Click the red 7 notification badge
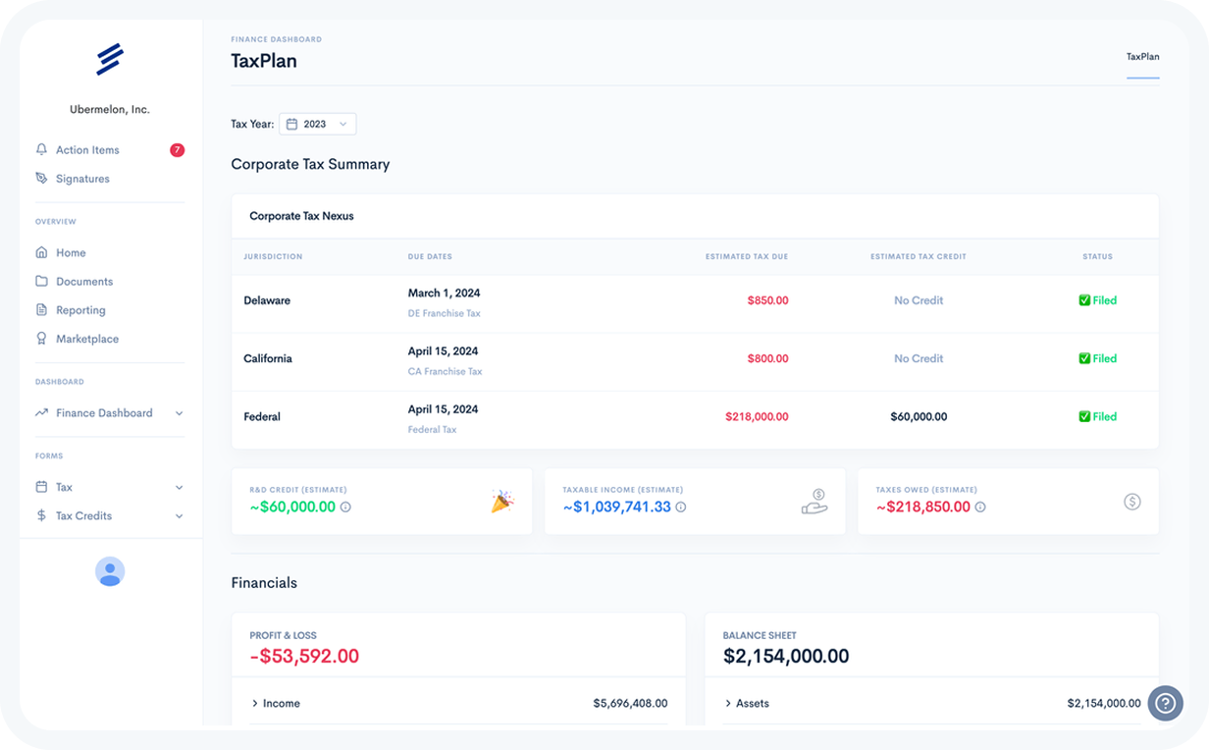(177, 150)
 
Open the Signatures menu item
(82, 179)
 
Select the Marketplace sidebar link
(86, 339)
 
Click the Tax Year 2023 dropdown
(318, 124)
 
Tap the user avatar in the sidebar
(110, 571)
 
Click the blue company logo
(109, 59)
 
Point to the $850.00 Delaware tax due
(767, 300)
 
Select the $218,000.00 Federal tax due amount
(757, 416)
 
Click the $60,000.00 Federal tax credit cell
(919, 416)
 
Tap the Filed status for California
(1098, 358)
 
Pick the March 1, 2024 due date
(444, 293)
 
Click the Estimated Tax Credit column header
(918, 257)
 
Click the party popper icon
(501, 502)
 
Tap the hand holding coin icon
(815, 502)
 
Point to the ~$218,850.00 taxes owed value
(922, 507)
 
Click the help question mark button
(1165, 703)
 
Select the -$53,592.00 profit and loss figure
(304, 656)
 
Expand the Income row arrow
(255, 703)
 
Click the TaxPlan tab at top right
(1142, 57)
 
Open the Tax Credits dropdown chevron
(179, 515)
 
